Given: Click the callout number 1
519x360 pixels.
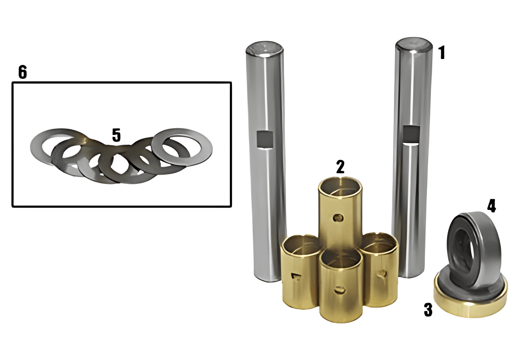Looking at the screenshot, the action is (x=442, y=53).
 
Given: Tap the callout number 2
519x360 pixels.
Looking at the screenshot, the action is (x=340, y=166).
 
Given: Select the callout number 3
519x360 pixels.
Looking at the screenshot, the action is (x=428, y=310).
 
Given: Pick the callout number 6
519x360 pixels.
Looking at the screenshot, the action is (x=23, y=72).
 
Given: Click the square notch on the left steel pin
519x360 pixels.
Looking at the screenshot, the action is (x=265, y=139).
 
